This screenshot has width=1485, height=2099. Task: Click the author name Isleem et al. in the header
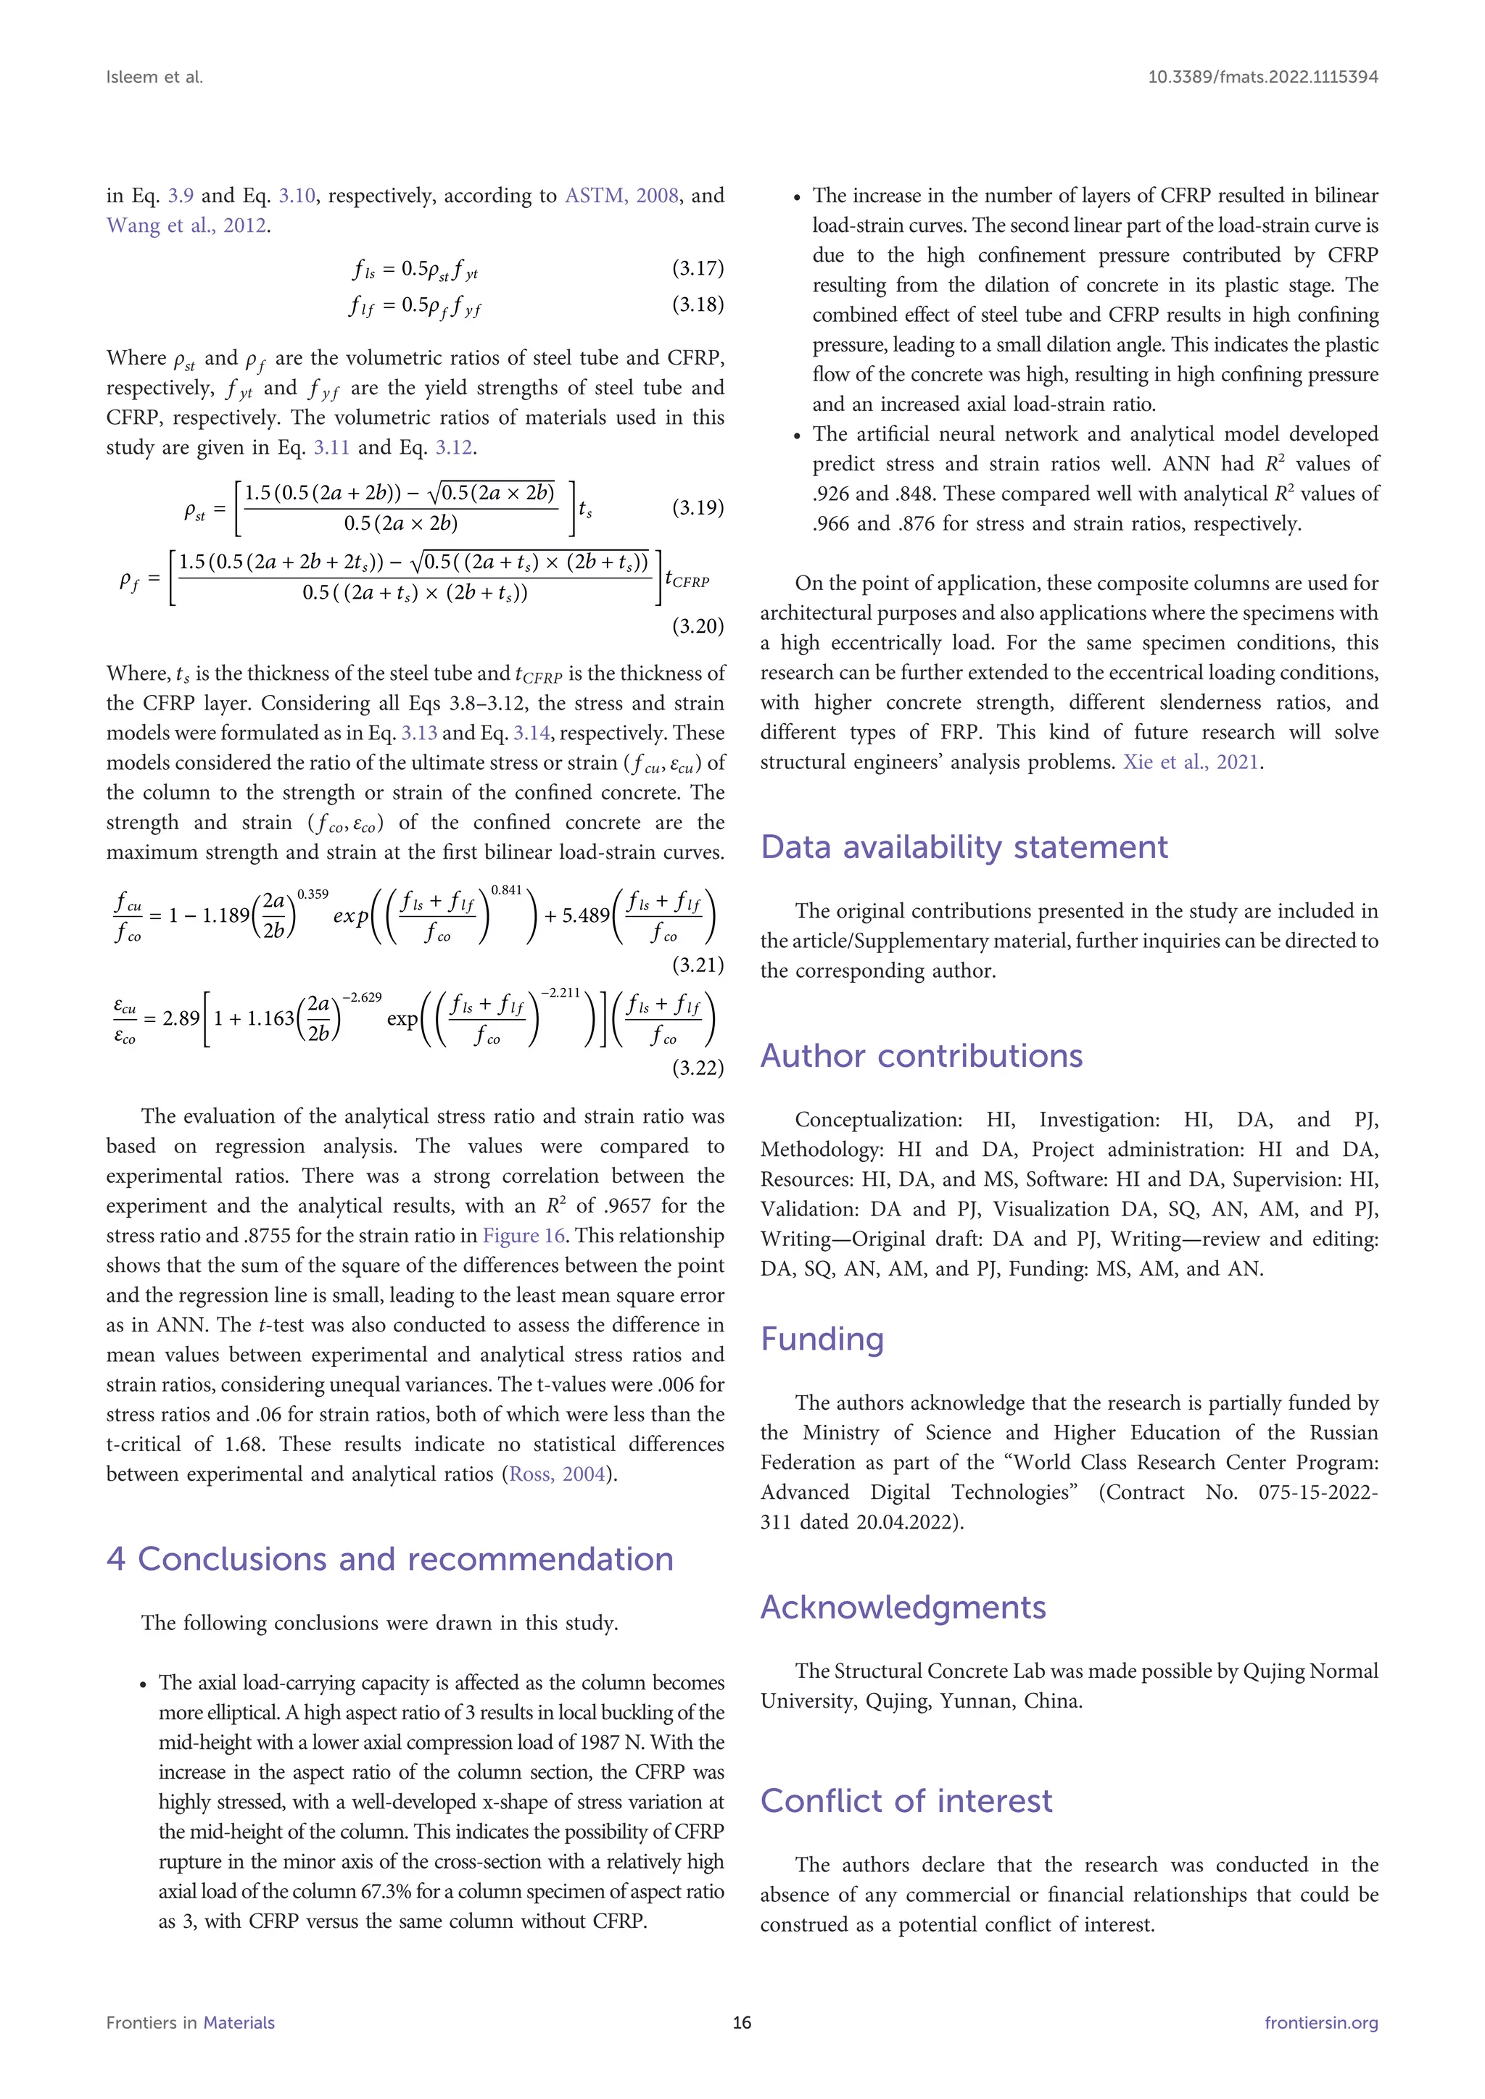(x=154, y=78)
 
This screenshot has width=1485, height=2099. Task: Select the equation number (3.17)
(x=698, y=268)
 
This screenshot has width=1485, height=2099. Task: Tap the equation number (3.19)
(x=698, y=507)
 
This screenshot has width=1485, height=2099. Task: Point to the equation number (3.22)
(x=698, y=1068)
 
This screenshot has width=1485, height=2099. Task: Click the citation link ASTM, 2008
(x=622, y=196)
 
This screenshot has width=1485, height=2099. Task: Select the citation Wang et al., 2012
(x=186, y=226)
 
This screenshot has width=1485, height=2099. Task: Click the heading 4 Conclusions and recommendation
(x=389, y=1559)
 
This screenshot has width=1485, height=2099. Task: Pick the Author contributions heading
(x=921, y=1056)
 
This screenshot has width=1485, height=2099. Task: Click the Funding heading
(x=822, y=1339)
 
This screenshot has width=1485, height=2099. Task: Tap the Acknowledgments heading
(x=903, y=1607)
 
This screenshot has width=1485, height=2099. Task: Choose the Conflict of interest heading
(x=906, y=1800)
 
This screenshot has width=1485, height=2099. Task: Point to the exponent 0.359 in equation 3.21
(x=313, y=894)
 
